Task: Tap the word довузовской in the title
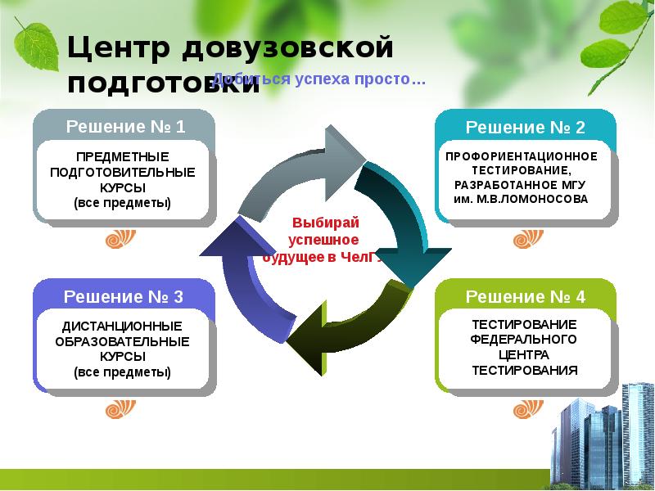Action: [x=287, y=48]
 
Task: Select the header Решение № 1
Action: [x=125, y=127]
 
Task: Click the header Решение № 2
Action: [x=526, y=128]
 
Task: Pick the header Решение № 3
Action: [x=124, y=296]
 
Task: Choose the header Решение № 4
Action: [x=526, y=296]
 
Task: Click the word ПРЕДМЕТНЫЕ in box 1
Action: [x=122, y=156]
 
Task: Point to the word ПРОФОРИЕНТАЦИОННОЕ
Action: [x=522, y=155]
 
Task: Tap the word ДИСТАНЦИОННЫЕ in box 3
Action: [x=123, y=326]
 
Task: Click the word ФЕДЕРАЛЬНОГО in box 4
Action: [x=524, y=339]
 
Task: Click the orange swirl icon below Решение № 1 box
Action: [x=116, y=240]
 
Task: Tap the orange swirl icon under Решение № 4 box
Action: [x=524, y=407]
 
